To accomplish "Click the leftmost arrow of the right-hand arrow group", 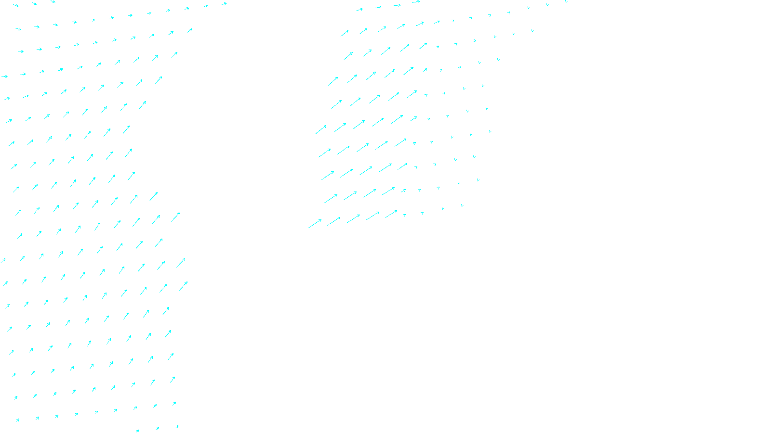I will [315, 224].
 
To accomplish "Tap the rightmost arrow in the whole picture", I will [566, 2].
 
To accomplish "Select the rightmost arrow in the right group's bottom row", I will [462, 206].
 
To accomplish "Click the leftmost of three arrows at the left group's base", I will [137, 431].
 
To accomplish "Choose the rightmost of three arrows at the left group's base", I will [177, 426].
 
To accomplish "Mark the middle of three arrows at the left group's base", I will [157, 428].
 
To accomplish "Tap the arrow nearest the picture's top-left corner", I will [15, 6].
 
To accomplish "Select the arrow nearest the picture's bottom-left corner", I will [17, 420].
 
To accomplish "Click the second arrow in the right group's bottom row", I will [333, 221].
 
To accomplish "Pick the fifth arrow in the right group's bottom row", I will [391, 214].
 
